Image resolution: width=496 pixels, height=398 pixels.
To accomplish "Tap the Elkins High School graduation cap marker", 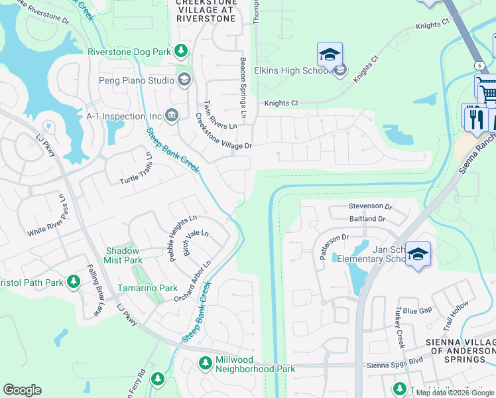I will point(330,54).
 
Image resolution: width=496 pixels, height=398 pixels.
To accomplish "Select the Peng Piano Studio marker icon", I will point(184,80).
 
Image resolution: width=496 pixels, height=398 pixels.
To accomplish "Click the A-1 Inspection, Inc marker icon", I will point(171,116).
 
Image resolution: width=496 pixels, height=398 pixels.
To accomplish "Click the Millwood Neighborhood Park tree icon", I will point(206,363).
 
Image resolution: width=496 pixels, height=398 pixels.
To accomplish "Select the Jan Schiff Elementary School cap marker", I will point(418,254).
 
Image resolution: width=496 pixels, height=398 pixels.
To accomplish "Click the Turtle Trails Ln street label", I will point(136,168).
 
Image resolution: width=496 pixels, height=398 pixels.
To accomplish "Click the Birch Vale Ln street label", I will point(196,243).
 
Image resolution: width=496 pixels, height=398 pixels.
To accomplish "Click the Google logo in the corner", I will point(22,390).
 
